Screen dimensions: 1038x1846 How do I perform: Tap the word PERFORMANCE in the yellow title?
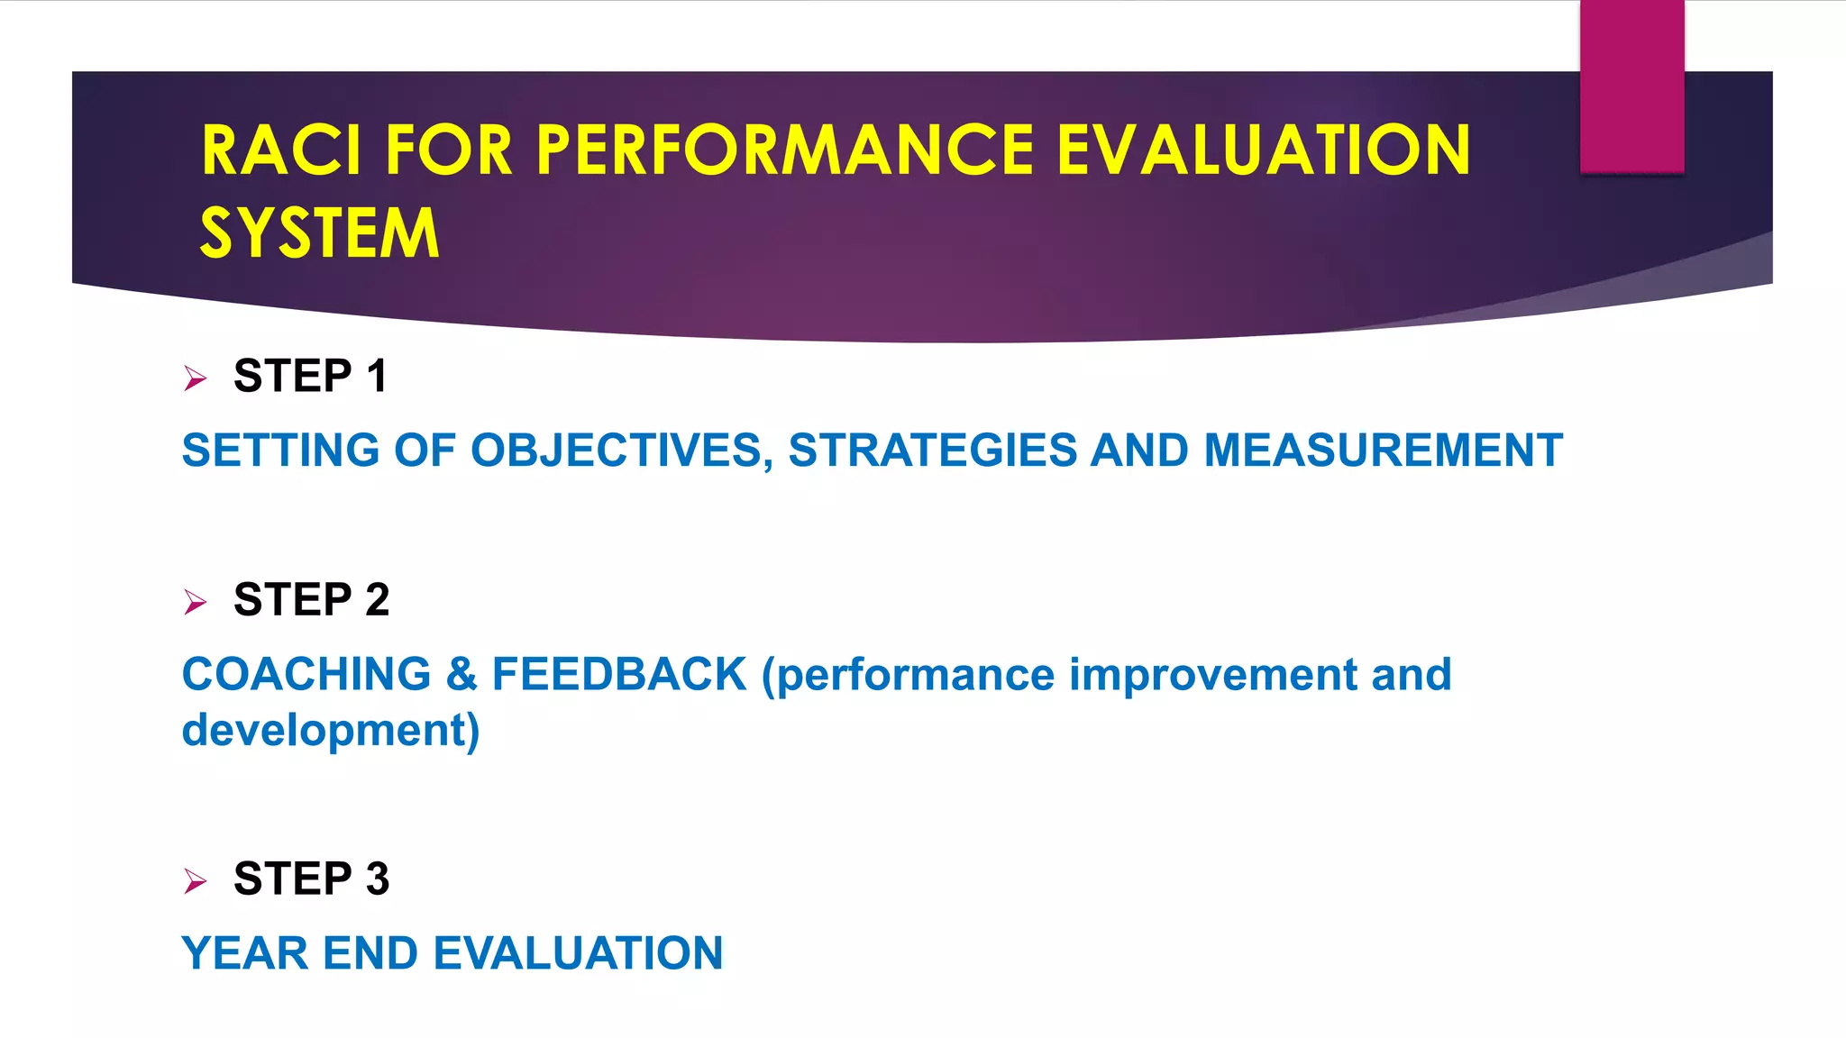(x=784, y=150)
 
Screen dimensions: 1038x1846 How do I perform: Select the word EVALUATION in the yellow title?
(x=1263, y=150)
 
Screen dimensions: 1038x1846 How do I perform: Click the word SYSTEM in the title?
(x=319, y=233)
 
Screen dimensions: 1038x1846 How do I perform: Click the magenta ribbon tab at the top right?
(x=1631, y=86)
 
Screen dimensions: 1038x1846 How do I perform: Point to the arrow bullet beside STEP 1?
(x=195, y=378)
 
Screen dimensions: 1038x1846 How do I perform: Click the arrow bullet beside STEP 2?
(x=195, y=601)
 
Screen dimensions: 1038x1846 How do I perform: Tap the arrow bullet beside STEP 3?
(x=195, y=880)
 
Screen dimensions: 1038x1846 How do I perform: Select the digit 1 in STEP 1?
(x=377, y=376)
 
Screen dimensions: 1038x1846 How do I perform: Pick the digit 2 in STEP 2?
(x=377, y=600)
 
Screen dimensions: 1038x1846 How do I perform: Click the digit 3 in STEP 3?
(x=377, y=879)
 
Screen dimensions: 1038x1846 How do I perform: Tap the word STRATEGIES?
(x=933, y=451)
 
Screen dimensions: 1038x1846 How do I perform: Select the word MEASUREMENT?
(x=1383, y=451)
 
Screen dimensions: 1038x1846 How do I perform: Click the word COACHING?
(x=306, y=674)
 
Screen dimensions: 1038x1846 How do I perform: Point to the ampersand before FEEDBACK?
(x=461, y=674)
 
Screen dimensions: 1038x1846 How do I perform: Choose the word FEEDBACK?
(x=619, y=674)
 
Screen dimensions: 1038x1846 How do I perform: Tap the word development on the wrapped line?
(x=325, y=730)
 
